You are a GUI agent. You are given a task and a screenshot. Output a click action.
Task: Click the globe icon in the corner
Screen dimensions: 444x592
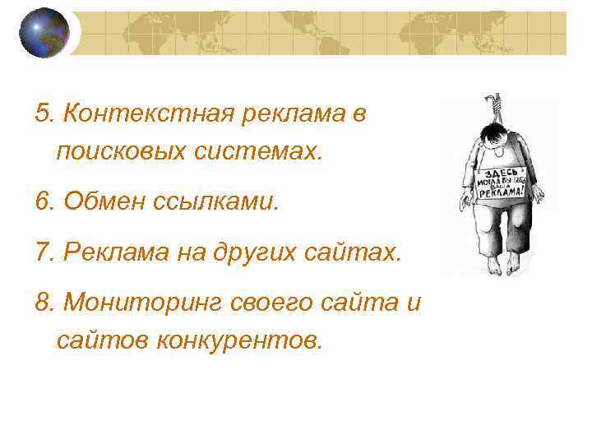44,32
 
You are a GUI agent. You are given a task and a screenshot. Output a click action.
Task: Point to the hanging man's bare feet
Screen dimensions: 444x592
502,264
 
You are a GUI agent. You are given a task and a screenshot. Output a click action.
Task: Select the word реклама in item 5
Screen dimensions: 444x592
294,113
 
